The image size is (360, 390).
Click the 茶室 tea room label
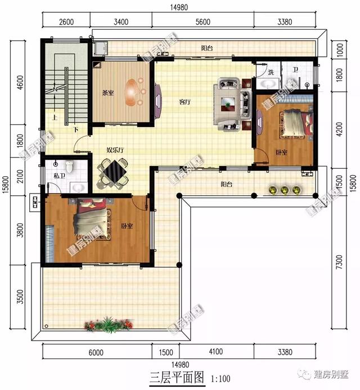pyautogui.click(x=108, y=93)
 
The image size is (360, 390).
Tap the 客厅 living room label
pyautogui.click(x=185, y=102)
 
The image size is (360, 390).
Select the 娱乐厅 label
pyautogui.click(x=115, y=150)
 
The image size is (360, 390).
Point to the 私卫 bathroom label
pyautogui.click(x=60, y=176)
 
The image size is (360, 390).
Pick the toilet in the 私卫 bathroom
pyautogui.click(x=69, y=166)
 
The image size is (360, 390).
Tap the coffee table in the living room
pyautogui.click(x=228, y=104)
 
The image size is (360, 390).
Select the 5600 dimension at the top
pyautogui.click(x=203, y=22)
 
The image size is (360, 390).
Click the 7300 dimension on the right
pyautogui.click(x=339, y=262)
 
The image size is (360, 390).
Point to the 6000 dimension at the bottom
pyautogui.click(x=96, y=352)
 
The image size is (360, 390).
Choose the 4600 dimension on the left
pyautogui.click(x=20, y=83)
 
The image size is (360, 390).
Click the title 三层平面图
pyautogui.click(x=177, y=377)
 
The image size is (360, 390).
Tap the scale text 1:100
pyautogui.click(x=220, y=379)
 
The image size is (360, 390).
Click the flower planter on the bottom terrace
pyautogui.click(x=109, y=325)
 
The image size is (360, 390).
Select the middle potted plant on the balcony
pyautogui.click(x=285, y=190)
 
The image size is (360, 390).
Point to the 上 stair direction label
pyautogui.click(x=55, y=117)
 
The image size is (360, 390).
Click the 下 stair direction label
pyautogui.click(x=76, y=129)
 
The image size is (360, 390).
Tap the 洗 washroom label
pyautogui.click(x=271, y=73)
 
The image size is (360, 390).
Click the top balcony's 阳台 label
pyautogui.click(x=207, y=48)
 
